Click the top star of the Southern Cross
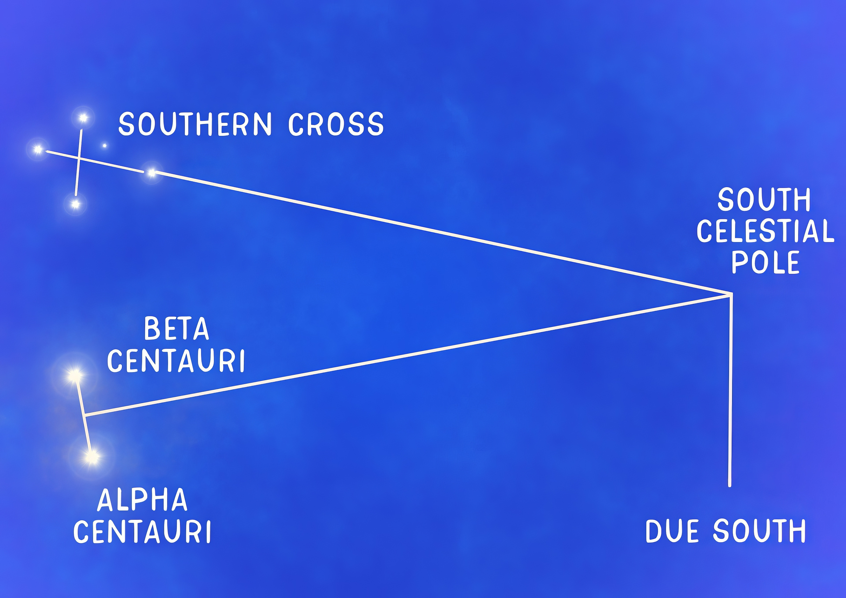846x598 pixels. tap(83, 118)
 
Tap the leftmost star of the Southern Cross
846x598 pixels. tap(38, 149)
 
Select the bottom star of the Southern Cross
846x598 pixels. tap(76, 204)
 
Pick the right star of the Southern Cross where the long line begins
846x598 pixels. tap(151, 172)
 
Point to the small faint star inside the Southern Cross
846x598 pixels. tap(105, 146)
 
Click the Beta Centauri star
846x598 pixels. tap(75, 376)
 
